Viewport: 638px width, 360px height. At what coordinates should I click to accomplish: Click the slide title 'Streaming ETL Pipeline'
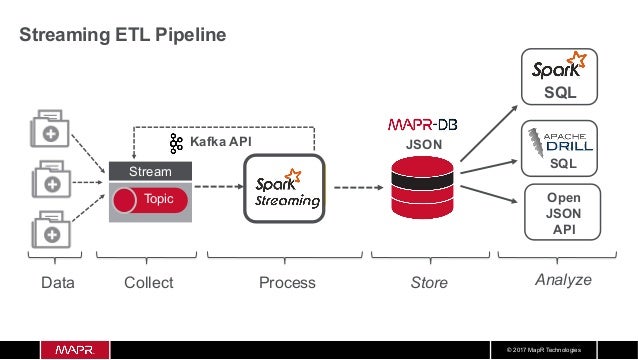(124, 35)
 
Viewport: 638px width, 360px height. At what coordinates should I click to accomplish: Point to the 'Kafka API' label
(220, 143)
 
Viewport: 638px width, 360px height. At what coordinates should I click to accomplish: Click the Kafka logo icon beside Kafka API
(177, 143)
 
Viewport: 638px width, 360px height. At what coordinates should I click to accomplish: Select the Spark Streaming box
(287, 187)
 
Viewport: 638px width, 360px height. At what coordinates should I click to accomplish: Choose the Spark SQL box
(560, 77)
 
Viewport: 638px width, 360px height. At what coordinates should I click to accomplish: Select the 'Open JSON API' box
(560, 213)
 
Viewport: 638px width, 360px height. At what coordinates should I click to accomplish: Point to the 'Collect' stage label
(148, 283)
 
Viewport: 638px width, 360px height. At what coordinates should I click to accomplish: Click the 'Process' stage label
(287, 283)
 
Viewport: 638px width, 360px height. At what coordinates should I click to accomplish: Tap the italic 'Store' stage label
(429, 283)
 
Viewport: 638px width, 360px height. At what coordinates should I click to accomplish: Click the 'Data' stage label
(57, 283)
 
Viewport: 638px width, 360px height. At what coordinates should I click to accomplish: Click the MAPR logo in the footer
(67, 350)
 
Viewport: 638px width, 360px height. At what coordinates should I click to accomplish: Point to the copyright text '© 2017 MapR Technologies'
(551, 350)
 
